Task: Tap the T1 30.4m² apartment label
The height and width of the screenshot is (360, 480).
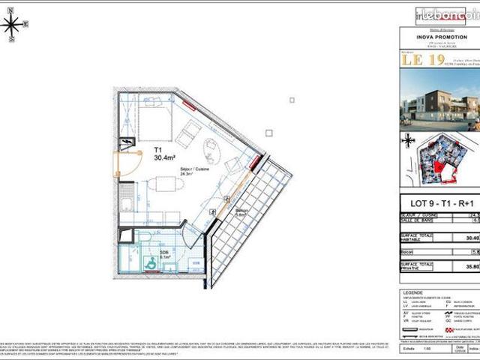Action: coord(164,154)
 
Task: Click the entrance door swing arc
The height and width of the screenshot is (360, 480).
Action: coord(129,162)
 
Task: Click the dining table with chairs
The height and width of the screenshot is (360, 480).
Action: coord(160,186)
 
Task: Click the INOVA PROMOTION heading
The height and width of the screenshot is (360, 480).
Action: coord(436,36)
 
